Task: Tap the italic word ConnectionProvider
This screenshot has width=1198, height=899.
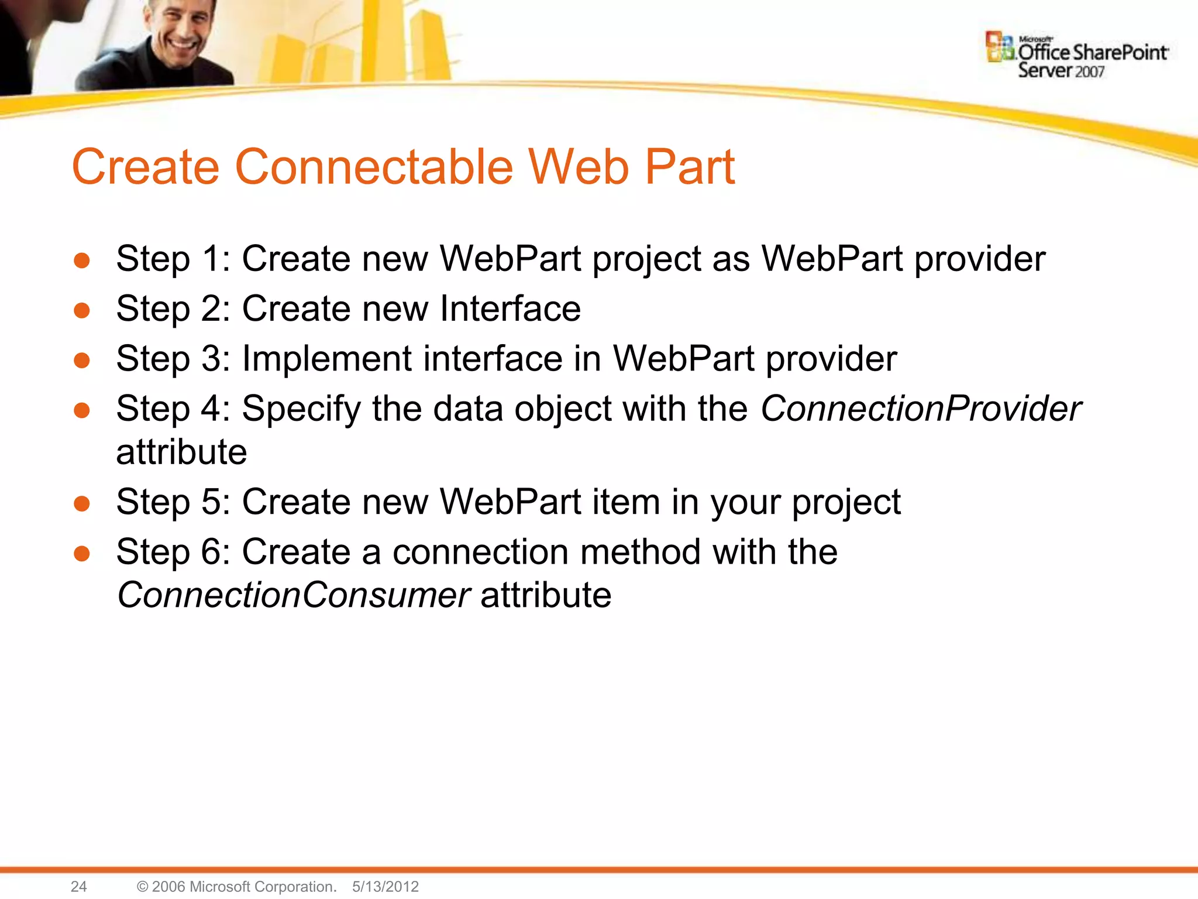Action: pos(920,409)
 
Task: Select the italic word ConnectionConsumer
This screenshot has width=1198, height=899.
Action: pos(293,595)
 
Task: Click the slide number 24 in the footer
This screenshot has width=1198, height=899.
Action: pos(78,886)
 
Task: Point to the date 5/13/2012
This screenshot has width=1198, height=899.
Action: pos(385,886)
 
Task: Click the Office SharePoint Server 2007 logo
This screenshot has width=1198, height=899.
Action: pos(1077,56)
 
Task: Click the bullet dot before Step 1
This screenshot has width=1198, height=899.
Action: pos(82,260)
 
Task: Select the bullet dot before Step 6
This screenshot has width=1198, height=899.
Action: pos(82,553)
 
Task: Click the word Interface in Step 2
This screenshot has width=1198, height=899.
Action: pos(510,308)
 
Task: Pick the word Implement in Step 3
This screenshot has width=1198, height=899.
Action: pos(326,359)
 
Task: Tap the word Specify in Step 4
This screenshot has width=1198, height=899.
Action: pos(301,409)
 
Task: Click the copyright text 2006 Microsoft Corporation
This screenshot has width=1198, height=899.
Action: pos(237,886)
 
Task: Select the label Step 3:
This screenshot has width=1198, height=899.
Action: pos(173,359)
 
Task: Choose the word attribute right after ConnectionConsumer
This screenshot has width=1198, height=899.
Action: pos(546,595)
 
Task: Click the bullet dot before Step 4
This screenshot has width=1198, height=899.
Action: pos(82,410)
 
